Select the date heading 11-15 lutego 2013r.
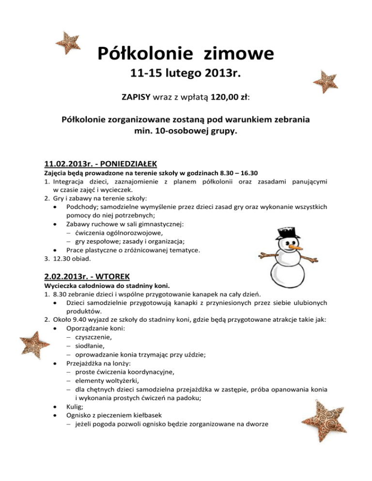coord(186,75)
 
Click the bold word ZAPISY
coord(136,98)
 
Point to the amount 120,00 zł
coord(229,98)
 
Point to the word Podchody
coord(83,207)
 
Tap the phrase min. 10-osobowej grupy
coord(186,130)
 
